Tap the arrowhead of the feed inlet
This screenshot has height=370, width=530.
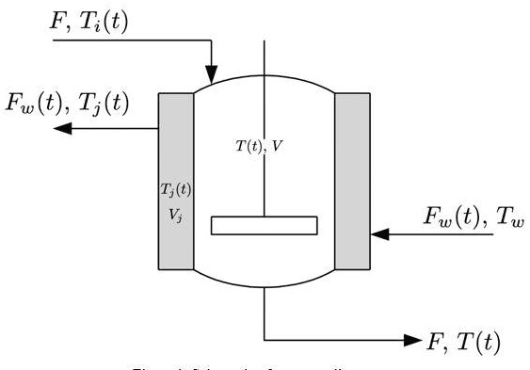click(212, 72)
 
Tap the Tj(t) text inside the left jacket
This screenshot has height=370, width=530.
click(175, 189)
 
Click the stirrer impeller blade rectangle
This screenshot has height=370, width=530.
click(264, 225)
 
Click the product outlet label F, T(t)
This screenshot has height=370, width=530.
click(463, 342)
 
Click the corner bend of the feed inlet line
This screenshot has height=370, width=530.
click(212, 40)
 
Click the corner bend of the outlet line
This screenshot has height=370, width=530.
click(265, 339)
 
